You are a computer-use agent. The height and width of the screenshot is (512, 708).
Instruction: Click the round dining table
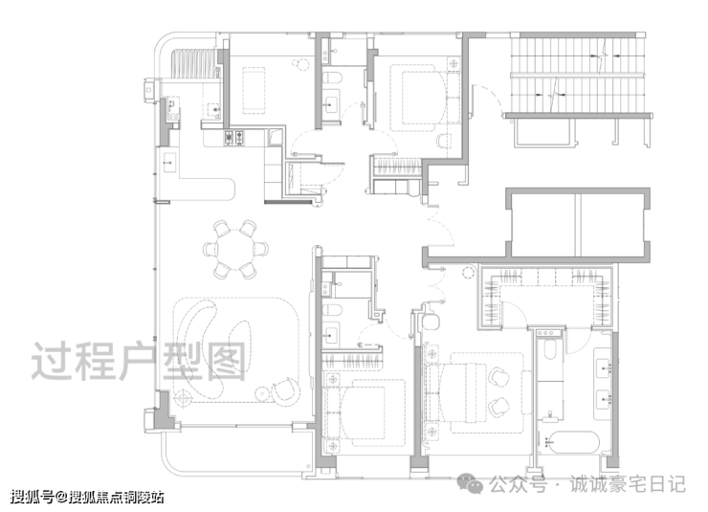click(x=234, y=249)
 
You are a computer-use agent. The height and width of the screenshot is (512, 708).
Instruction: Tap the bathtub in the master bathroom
click(x=572, y=443)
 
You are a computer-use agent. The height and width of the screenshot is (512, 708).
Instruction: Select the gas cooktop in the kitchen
click(x=234, y=138)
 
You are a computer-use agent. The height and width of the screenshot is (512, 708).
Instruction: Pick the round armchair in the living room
click(x=285, y=390)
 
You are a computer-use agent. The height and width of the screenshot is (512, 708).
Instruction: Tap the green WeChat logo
click(x=470, y=483)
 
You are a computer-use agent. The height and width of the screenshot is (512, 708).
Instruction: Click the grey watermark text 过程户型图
click(x=139, y=361)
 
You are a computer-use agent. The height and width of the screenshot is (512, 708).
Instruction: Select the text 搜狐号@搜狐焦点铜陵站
click(x=87, y=497)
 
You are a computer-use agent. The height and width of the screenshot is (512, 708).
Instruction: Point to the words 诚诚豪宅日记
click(x=628, y=484)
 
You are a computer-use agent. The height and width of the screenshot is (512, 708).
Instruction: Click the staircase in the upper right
click(x=577, y=75)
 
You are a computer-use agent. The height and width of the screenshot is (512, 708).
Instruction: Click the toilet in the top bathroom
click(x=333, y=78)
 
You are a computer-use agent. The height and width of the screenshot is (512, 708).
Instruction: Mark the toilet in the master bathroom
click(x=549, y=349)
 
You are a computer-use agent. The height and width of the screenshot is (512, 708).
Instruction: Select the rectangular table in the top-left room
click(x=254, y=90)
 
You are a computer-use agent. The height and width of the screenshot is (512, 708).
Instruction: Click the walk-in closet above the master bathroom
click(x=546, y=297)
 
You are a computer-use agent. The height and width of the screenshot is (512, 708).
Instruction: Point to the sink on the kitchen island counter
click(x=169, y=162)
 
